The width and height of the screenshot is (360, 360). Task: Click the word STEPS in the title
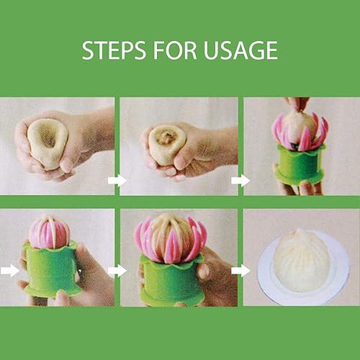click(x=114, y=50)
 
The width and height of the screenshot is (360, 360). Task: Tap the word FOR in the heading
click(x=175, y=50)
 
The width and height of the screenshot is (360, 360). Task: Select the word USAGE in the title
click(x=240, y=50)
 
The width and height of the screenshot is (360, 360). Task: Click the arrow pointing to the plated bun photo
click(x=240, y=271)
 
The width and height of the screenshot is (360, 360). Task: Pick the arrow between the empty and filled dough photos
click(x=117, y=181)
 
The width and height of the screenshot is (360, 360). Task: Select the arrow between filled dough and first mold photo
click(x=240, y=181)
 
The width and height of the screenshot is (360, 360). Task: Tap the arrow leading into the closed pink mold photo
click(x=9, y=271)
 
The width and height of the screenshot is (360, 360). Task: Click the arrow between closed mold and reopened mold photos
click(x=117, y=271)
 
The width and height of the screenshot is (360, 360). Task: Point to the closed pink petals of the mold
click(x=49, y=233)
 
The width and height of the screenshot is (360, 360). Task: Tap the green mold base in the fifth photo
click(x=171, y=281)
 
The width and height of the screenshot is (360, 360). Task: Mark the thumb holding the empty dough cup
click(x=66, y=164)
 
